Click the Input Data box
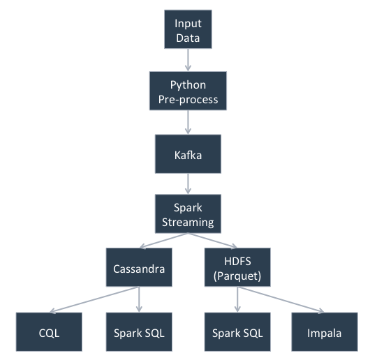pos(188,29)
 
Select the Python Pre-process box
pos(188,91)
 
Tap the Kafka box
pos(188,153)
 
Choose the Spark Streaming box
pos(188,213)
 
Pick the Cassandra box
pos(139,267)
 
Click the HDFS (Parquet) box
pos(237,267)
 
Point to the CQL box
pos(49,332)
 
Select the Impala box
pos(325,332)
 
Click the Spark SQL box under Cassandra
pos(139,332)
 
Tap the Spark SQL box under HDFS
pos(237,332)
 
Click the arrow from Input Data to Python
pos(188,60)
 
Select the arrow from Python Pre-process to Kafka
pos(188,122)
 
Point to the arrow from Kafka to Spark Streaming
pos(188,184)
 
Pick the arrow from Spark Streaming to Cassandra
pos(163,240)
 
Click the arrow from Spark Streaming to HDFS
pos(213,240)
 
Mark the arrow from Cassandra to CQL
pos(94,300)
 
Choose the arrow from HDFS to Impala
pos(281,300)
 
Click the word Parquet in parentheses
pos(237,276)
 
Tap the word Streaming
pos(188,223)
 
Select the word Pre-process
pos(188,100)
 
